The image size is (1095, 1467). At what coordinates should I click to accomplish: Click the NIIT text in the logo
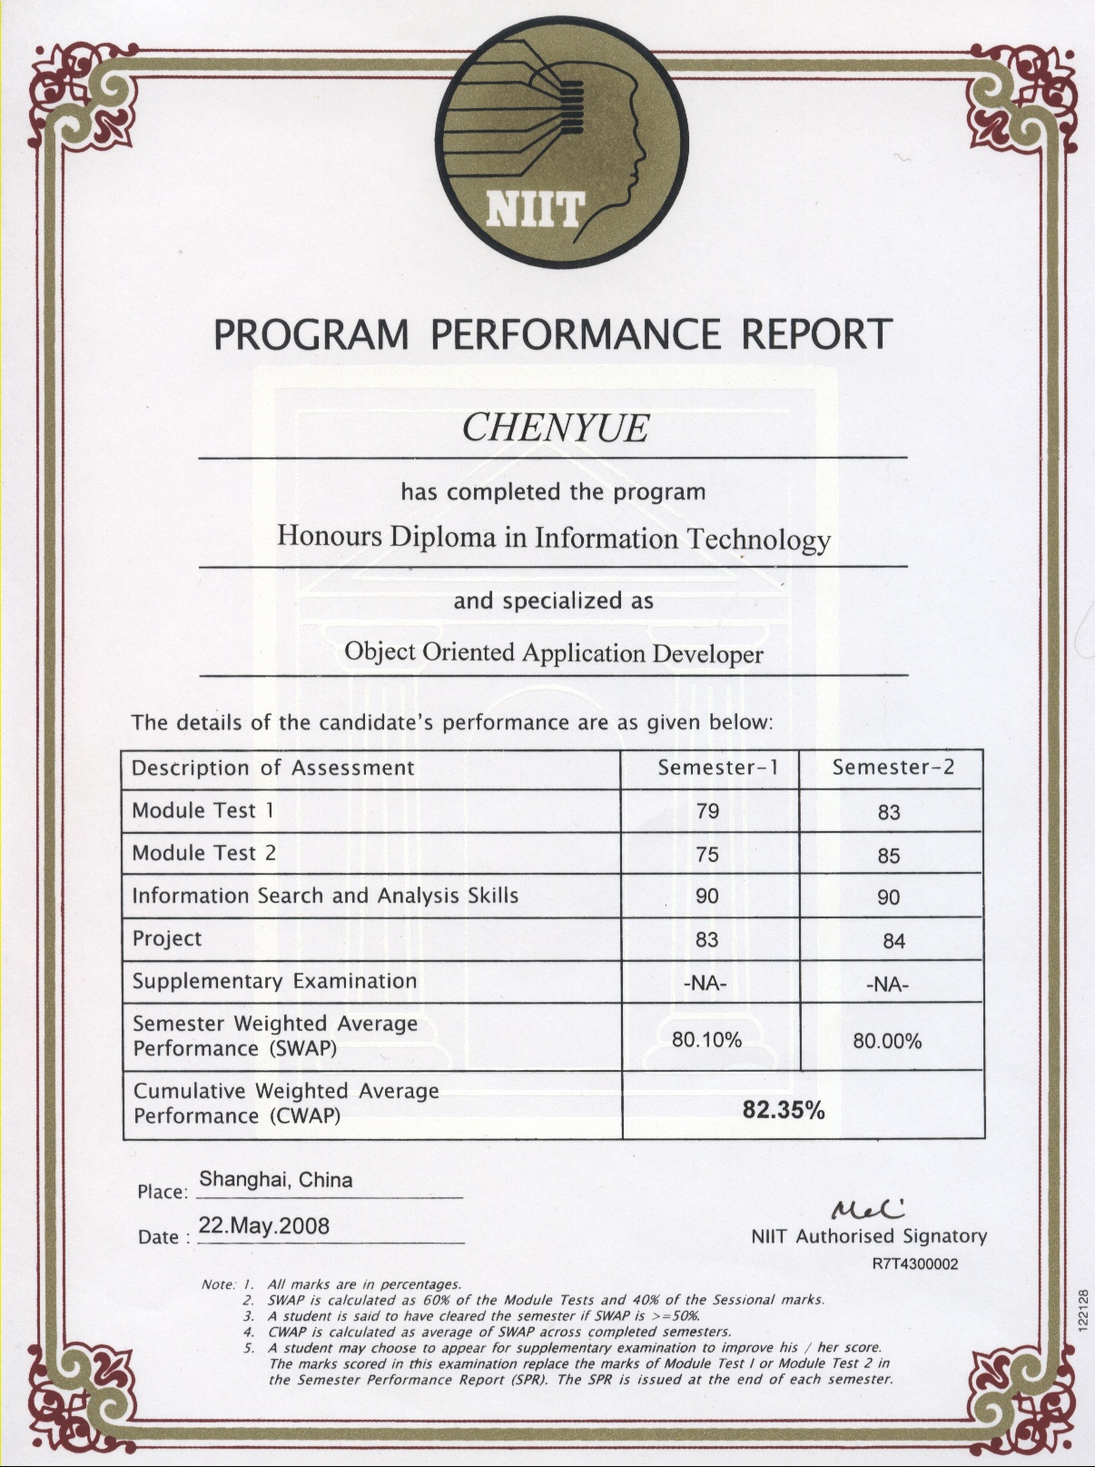tap(534, 210)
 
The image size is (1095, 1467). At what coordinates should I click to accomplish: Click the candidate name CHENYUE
tap(555, 428)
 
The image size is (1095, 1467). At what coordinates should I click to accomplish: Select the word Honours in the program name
tap(330, 535)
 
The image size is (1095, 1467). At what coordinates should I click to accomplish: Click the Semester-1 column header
tap(718, 768)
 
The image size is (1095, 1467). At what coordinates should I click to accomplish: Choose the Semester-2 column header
tap(893, 768)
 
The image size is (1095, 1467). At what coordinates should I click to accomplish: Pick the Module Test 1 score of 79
tap(707, 811)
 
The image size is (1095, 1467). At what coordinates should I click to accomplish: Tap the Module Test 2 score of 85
tap(889, 856)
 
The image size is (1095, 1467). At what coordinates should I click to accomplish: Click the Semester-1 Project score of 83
tap(707, 940)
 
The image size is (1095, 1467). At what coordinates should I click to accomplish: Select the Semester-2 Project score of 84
tap(893, 942)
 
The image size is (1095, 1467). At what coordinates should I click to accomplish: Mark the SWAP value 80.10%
tap(706, 1039)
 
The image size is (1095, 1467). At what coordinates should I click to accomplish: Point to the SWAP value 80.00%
tap(887, 1041)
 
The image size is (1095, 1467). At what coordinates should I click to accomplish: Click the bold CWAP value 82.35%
tap(784, 1109)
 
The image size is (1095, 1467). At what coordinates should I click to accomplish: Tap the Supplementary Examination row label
tap(274, 982)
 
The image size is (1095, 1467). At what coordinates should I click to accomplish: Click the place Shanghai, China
tap(276, 1180)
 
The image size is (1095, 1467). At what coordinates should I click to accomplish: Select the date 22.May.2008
tap(263, 1226)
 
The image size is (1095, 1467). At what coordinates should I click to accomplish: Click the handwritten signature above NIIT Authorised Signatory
tap(866, 1209)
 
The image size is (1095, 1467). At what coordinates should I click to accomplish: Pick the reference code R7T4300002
tap(914, 1264)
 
